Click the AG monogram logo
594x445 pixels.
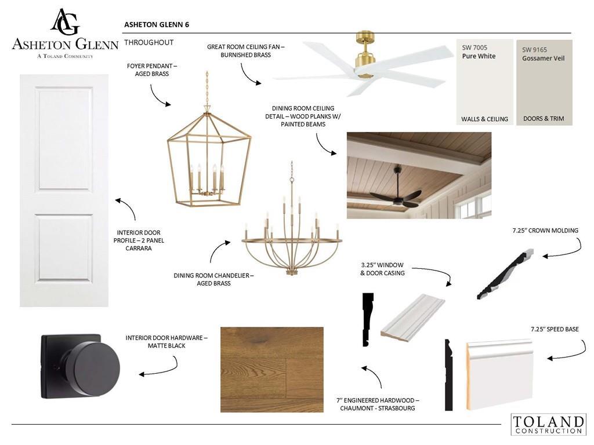click(x=65, y=21)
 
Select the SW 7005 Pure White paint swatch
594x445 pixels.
click(x=484, y=82)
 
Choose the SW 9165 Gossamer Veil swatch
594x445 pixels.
click(x=544, y=82)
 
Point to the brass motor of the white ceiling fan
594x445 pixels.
click(x=365, y=55)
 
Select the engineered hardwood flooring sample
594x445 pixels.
click(x=272, y=370)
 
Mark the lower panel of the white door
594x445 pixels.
click(x=64, y=248)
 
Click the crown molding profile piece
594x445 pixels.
click(x=505, y=274)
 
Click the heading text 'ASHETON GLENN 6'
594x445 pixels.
click(x=157, y=24)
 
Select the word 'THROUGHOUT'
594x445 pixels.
click(x=149, y=42)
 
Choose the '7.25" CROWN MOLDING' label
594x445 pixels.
click(x=545, y=231)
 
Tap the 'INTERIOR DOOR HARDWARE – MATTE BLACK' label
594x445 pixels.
click(x=166, y=342)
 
